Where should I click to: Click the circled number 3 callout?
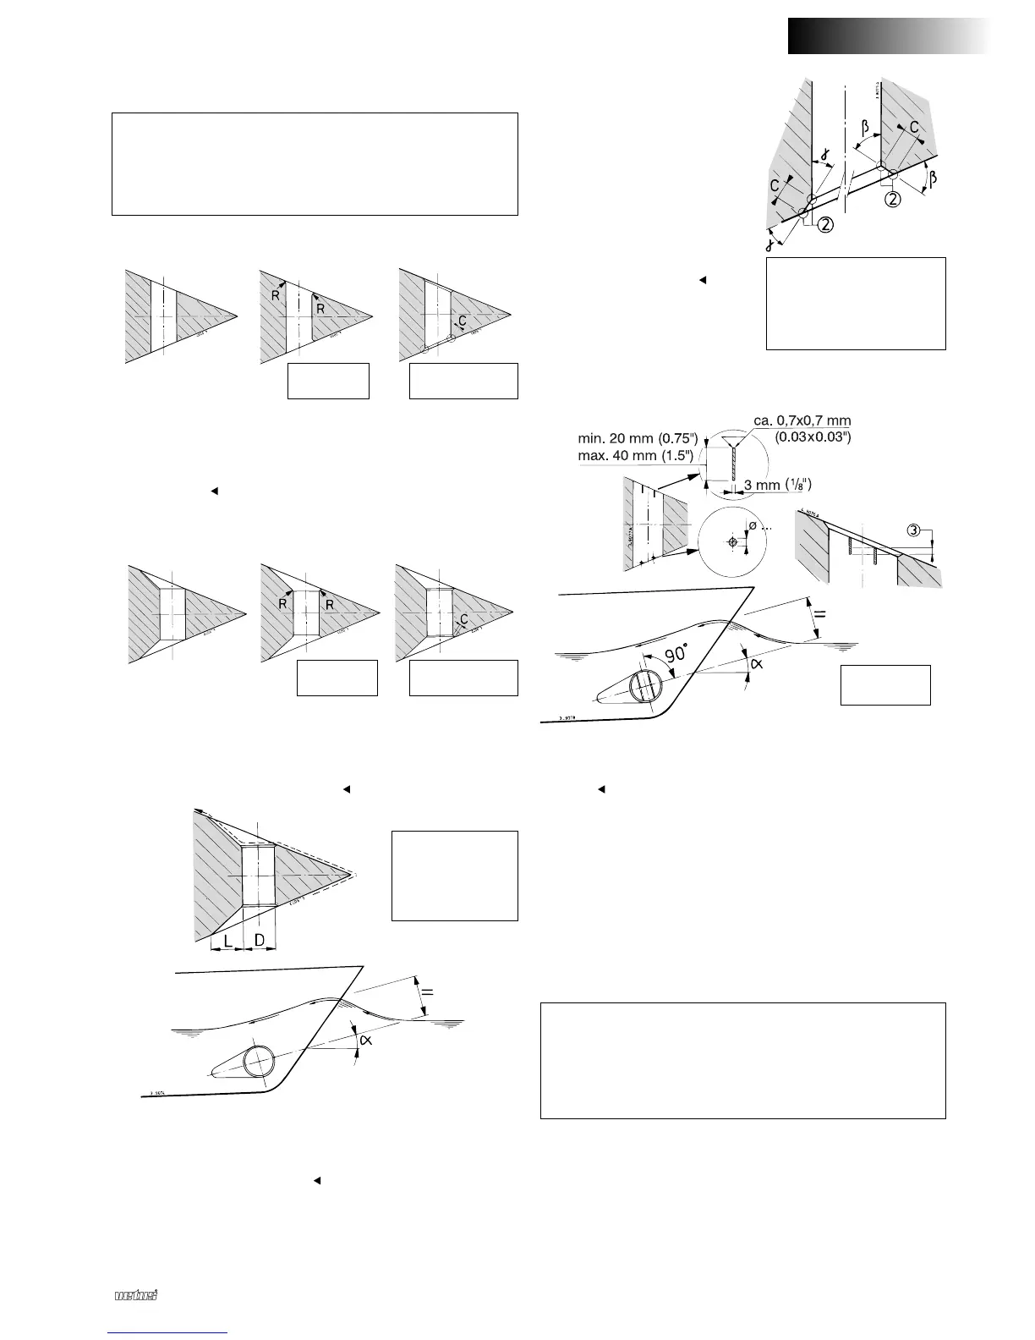[x=914, y=530]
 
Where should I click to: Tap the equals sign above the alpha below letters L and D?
[x=428, y=991]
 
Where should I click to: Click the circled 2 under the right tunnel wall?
[x=893, y=200]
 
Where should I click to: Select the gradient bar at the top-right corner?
[x=887, y=36]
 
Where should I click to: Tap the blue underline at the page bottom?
[x=169, y=1332]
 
